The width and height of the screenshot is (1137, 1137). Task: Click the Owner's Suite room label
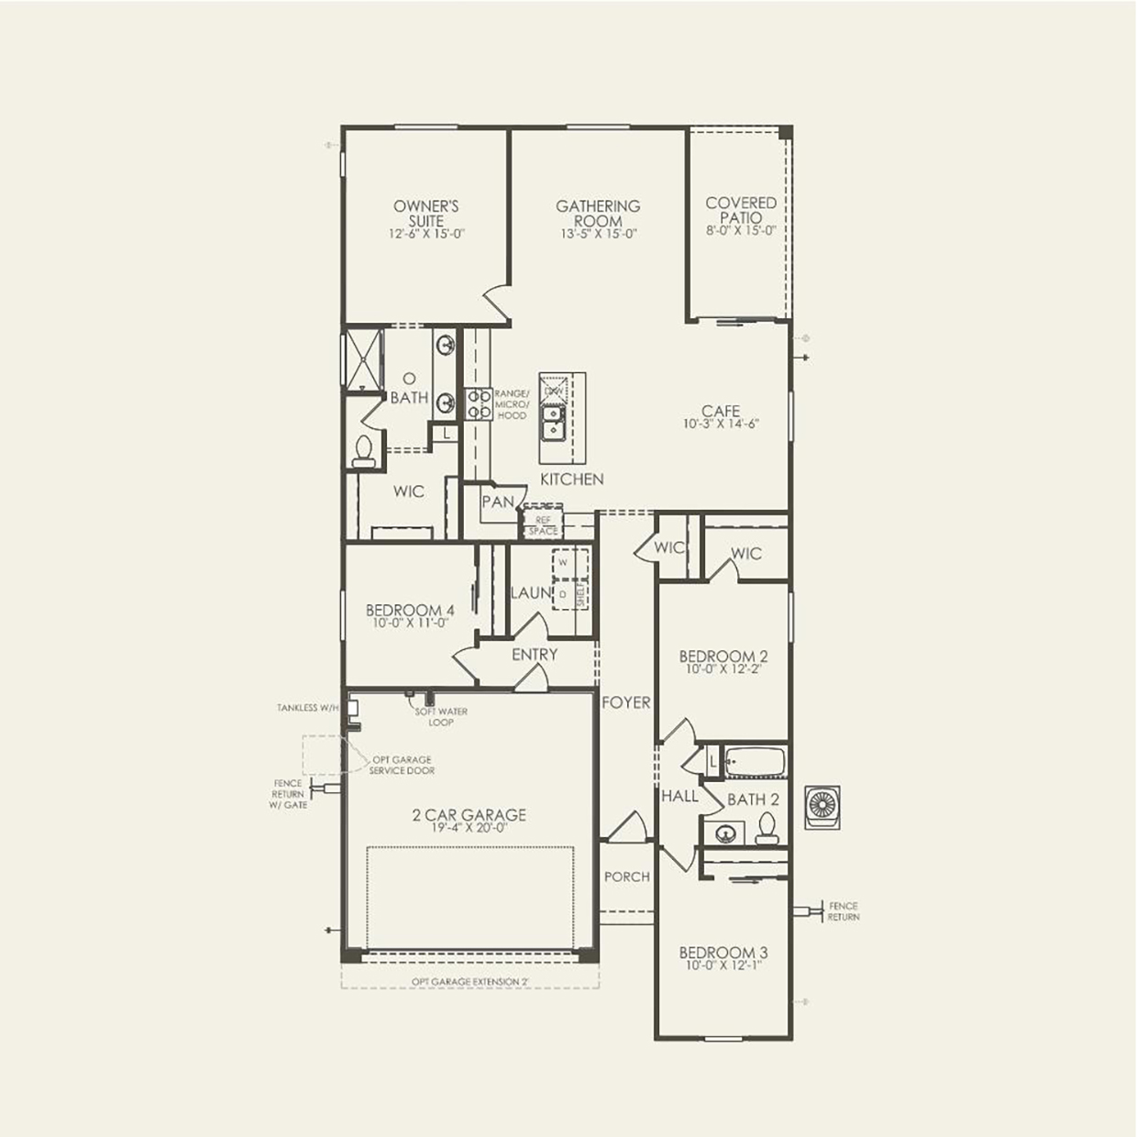tap(426, 214)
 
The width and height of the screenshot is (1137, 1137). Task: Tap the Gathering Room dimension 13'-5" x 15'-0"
tap(598, 234)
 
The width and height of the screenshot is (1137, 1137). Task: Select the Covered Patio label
tap(741, 210)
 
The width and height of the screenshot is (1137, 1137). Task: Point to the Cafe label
tap(721, 411)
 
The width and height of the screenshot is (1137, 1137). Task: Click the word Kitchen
tap(571, 479)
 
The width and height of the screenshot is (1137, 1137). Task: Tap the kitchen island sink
tap(552, 422)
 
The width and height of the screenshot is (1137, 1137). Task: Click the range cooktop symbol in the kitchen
tap(479, 404)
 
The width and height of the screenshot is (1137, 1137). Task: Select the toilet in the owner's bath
tap(364, 451)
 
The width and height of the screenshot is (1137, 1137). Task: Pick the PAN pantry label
tap(498, 502)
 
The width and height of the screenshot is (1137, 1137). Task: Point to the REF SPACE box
tap(543, 525)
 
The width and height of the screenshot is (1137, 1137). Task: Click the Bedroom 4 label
tap(410, 610)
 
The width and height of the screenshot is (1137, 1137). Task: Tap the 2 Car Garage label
tap(469, 814)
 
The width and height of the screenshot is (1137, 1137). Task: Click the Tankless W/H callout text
tap(308, 708)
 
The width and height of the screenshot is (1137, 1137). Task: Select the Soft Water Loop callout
tap(441, 716)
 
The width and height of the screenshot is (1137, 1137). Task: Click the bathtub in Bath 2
tap(756, 762)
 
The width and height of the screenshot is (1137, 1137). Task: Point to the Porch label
tap(627, 877)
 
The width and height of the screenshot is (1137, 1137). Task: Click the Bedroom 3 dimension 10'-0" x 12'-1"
tap(723, 966)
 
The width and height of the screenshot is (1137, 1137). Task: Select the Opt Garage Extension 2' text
tap(469, 982)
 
